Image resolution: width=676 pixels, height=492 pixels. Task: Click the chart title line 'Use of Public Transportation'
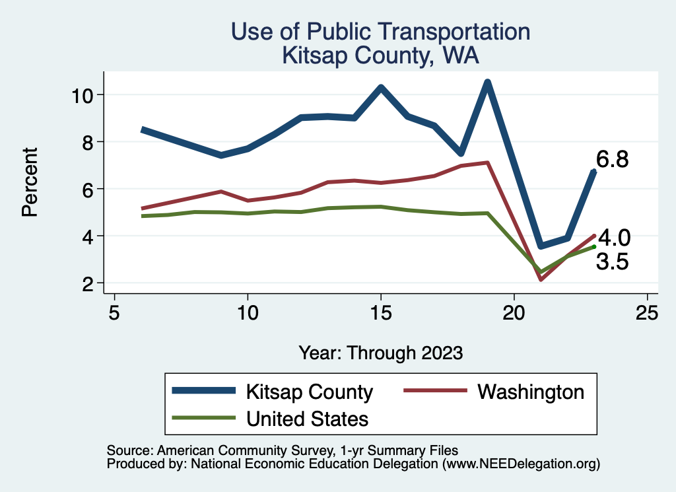click(x=380, y=31)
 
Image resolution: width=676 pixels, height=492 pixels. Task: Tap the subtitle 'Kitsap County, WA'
click(x=380, y=55)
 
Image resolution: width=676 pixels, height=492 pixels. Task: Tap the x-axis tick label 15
click(x=380, y=312)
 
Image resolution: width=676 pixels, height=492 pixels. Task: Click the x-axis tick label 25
click(x=647, y=312)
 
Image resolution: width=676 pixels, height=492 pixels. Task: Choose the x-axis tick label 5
click(x=114, y=312)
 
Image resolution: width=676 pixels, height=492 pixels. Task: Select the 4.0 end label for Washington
click(x=614, y=238)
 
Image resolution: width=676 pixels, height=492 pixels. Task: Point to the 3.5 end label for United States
click(x=612, y=262)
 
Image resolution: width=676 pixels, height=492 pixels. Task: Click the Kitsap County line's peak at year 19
click(x=487, y=83)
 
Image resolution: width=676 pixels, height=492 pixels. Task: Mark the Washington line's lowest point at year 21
click(x=541, y=279)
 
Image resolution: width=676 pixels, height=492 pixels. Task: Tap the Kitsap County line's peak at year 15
click(x=381, y=87)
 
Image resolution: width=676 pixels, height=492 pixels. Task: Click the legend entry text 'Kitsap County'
click(x=309, y=392)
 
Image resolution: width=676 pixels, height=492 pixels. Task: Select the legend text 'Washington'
click(x=531, y=392)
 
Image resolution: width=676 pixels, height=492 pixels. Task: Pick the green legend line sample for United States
click(x=203, y=418)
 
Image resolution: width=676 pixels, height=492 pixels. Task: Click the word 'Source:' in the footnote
click(x=128, y=450)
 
